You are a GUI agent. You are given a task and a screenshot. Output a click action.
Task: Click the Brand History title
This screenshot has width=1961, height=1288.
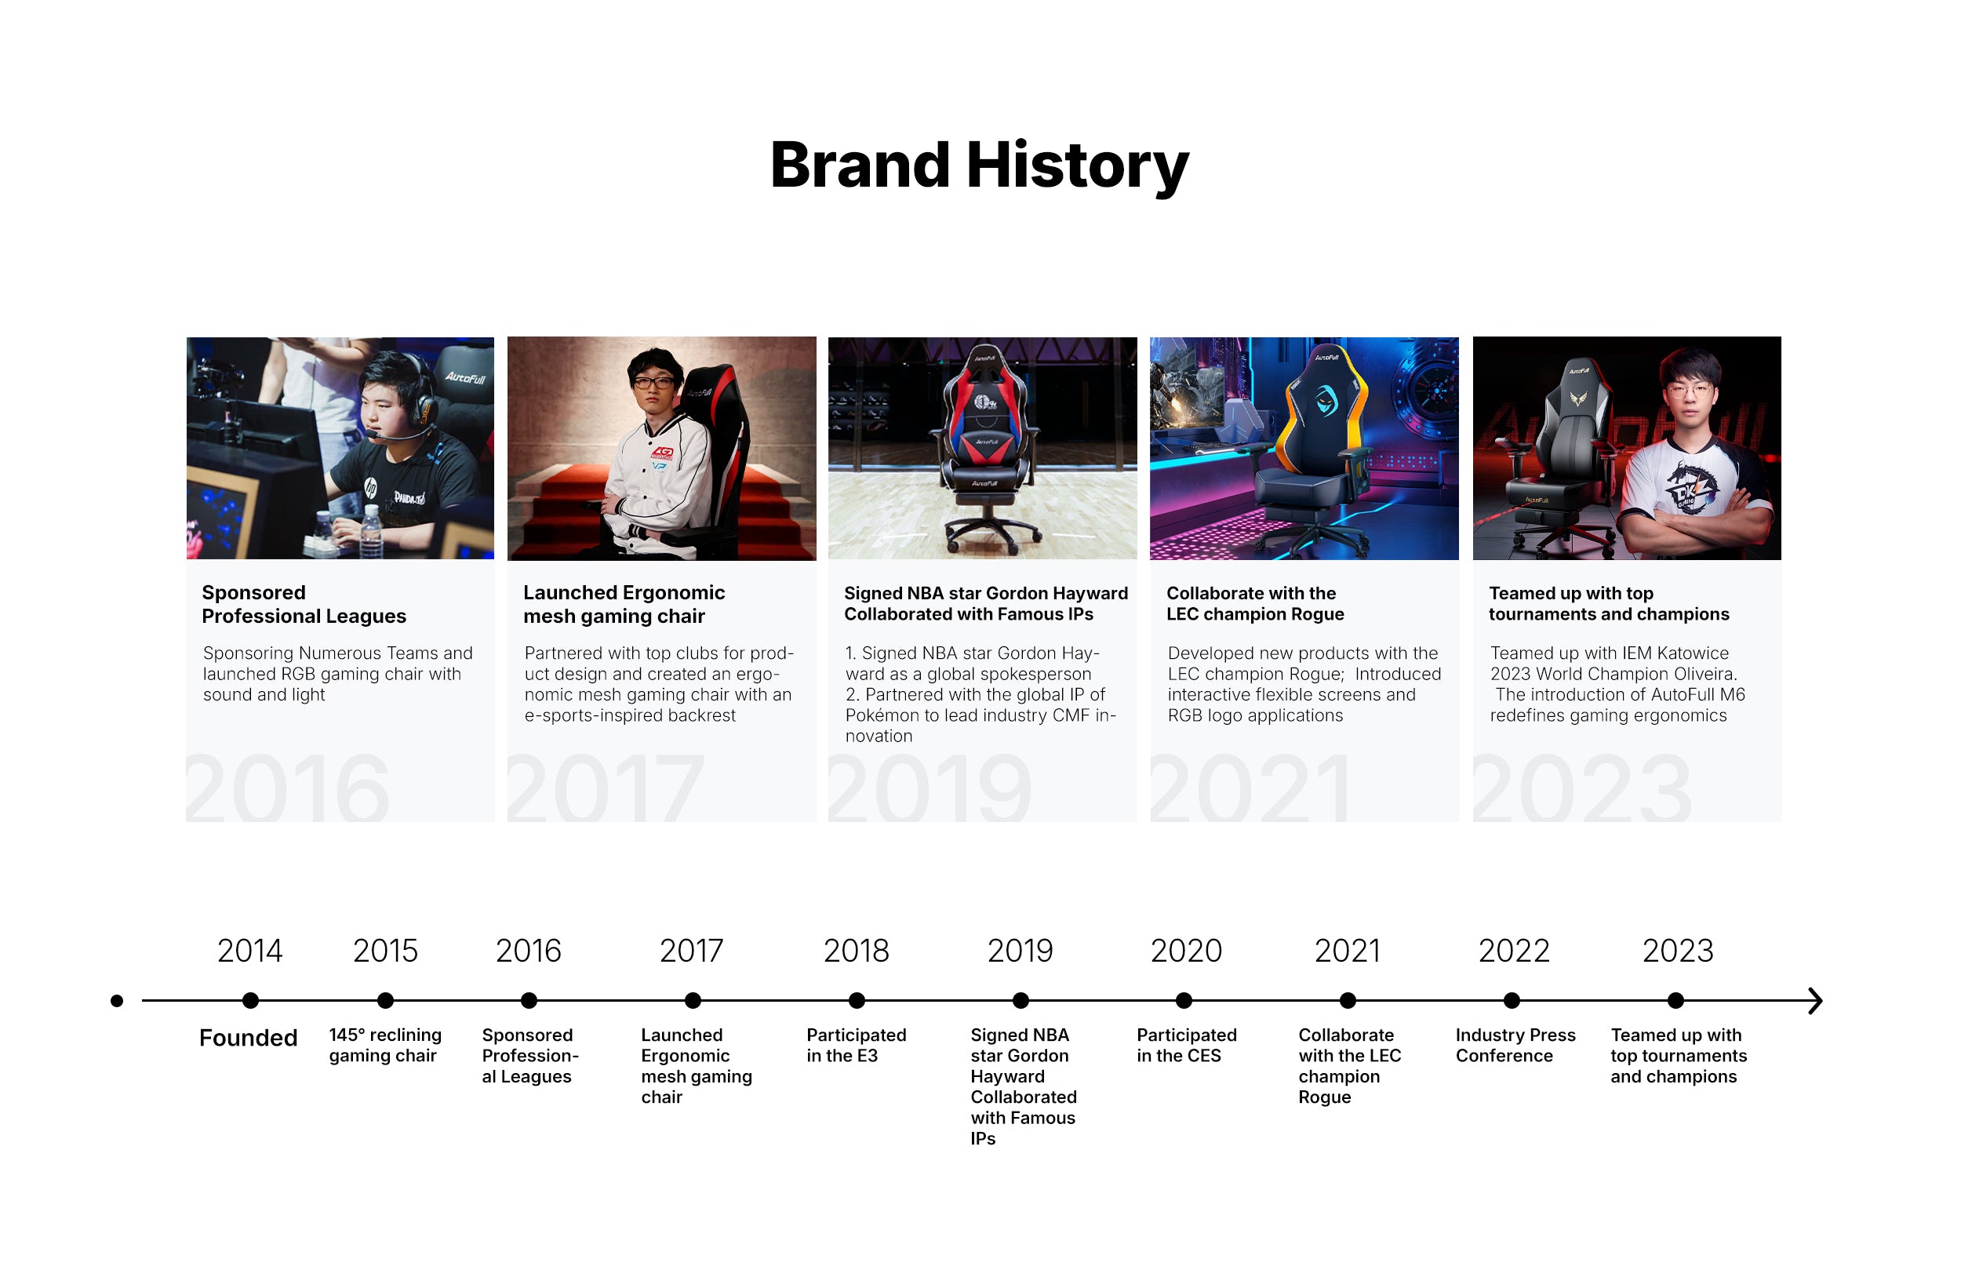(x=979, y=166)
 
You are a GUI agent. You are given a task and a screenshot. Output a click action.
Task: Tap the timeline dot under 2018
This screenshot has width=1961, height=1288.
(x=857, y=1000)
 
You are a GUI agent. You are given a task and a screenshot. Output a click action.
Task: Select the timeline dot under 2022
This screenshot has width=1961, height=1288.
(x=1512, y=1000)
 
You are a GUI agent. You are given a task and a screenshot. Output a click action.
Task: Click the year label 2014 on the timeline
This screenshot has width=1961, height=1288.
(x=249, y=951)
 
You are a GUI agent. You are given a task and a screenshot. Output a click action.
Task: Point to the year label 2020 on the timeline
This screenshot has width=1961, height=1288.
(x=1186, y=951)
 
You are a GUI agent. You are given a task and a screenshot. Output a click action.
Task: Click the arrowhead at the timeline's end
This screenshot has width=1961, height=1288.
(x=1815, y=1000)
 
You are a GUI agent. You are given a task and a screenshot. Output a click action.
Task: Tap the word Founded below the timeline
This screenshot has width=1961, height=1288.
(x=248, y=1038)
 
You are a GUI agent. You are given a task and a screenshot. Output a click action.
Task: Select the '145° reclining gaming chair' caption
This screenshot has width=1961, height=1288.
(x=385, y=1045)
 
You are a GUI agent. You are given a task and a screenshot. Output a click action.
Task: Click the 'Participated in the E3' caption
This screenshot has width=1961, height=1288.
(x=856, y=1045)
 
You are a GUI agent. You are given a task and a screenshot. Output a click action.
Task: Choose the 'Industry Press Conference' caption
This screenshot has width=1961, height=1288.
(x=1515, y=1045)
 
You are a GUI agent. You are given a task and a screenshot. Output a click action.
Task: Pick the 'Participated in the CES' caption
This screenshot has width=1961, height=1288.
(x=1187, y=1045)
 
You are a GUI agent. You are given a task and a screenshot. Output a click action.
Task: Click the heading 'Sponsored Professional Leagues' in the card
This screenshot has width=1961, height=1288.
(x=304, y=604)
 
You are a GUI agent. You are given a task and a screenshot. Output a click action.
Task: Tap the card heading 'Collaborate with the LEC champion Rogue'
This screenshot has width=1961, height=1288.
(x=1255, y=603)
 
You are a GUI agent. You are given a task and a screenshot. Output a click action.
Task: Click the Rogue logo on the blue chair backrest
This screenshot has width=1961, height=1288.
(x=1326, y=401)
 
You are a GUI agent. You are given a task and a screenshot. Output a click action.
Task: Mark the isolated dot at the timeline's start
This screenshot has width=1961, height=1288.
(x=117, y=1000)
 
